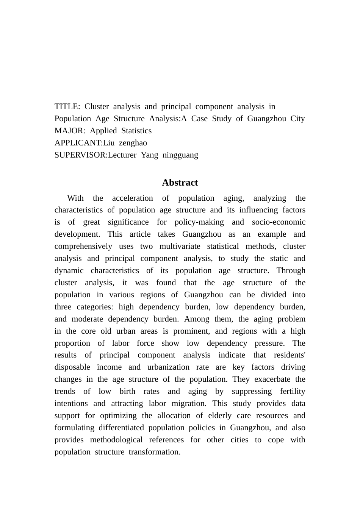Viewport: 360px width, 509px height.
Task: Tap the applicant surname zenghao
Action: (133, 143)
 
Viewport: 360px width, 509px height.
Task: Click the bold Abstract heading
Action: (180, 183)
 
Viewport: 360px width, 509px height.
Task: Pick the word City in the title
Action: (297, 119)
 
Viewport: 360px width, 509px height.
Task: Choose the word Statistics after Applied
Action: (136, 131)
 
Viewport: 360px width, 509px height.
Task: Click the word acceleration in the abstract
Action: (133, 198)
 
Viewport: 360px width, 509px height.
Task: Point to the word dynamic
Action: (69, 270)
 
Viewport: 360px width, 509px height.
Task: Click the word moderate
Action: (87, 319)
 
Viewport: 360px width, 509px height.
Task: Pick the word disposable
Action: (72, 367)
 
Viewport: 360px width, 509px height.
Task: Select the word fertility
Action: (293, 391)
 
